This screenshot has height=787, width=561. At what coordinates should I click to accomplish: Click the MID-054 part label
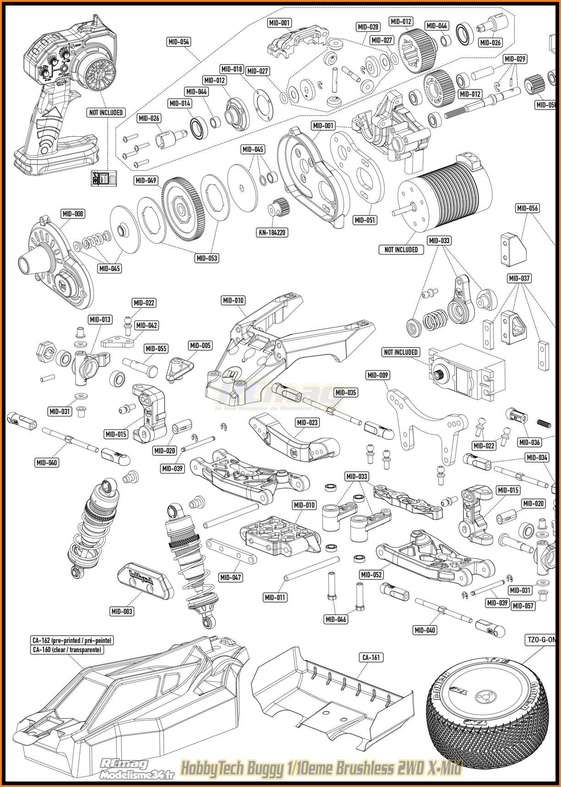[x=178, y=42]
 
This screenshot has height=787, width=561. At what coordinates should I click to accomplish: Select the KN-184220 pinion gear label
[x=272, y=233]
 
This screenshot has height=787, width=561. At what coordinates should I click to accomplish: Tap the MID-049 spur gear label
[x=146, y=181]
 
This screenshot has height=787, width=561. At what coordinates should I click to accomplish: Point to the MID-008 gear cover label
[x=73, y=214]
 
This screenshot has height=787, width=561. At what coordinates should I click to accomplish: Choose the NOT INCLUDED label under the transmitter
[x=106, y=112]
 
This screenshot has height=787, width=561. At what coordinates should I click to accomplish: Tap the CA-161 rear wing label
[x=371, y=658]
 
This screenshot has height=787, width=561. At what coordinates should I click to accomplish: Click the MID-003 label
[x=122, y=611]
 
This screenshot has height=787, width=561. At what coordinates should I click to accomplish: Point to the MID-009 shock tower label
[x=378, y=375]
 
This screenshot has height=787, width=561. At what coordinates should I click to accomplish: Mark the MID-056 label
[x=528, y=208]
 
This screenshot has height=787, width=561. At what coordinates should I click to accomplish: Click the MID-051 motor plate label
[x=365, y=220]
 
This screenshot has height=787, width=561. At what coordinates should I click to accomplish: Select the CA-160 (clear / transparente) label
[x=67, y=649]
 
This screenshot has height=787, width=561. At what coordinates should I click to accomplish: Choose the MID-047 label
[x=231, y=577]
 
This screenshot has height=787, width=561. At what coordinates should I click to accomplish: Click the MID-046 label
[x=336, y=620]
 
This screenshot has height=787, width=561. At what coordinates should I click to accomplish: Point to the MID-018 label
[x=231, y=69]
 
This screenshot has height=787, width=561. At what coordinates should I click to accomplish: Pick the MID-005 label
[x=200, y=345]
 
